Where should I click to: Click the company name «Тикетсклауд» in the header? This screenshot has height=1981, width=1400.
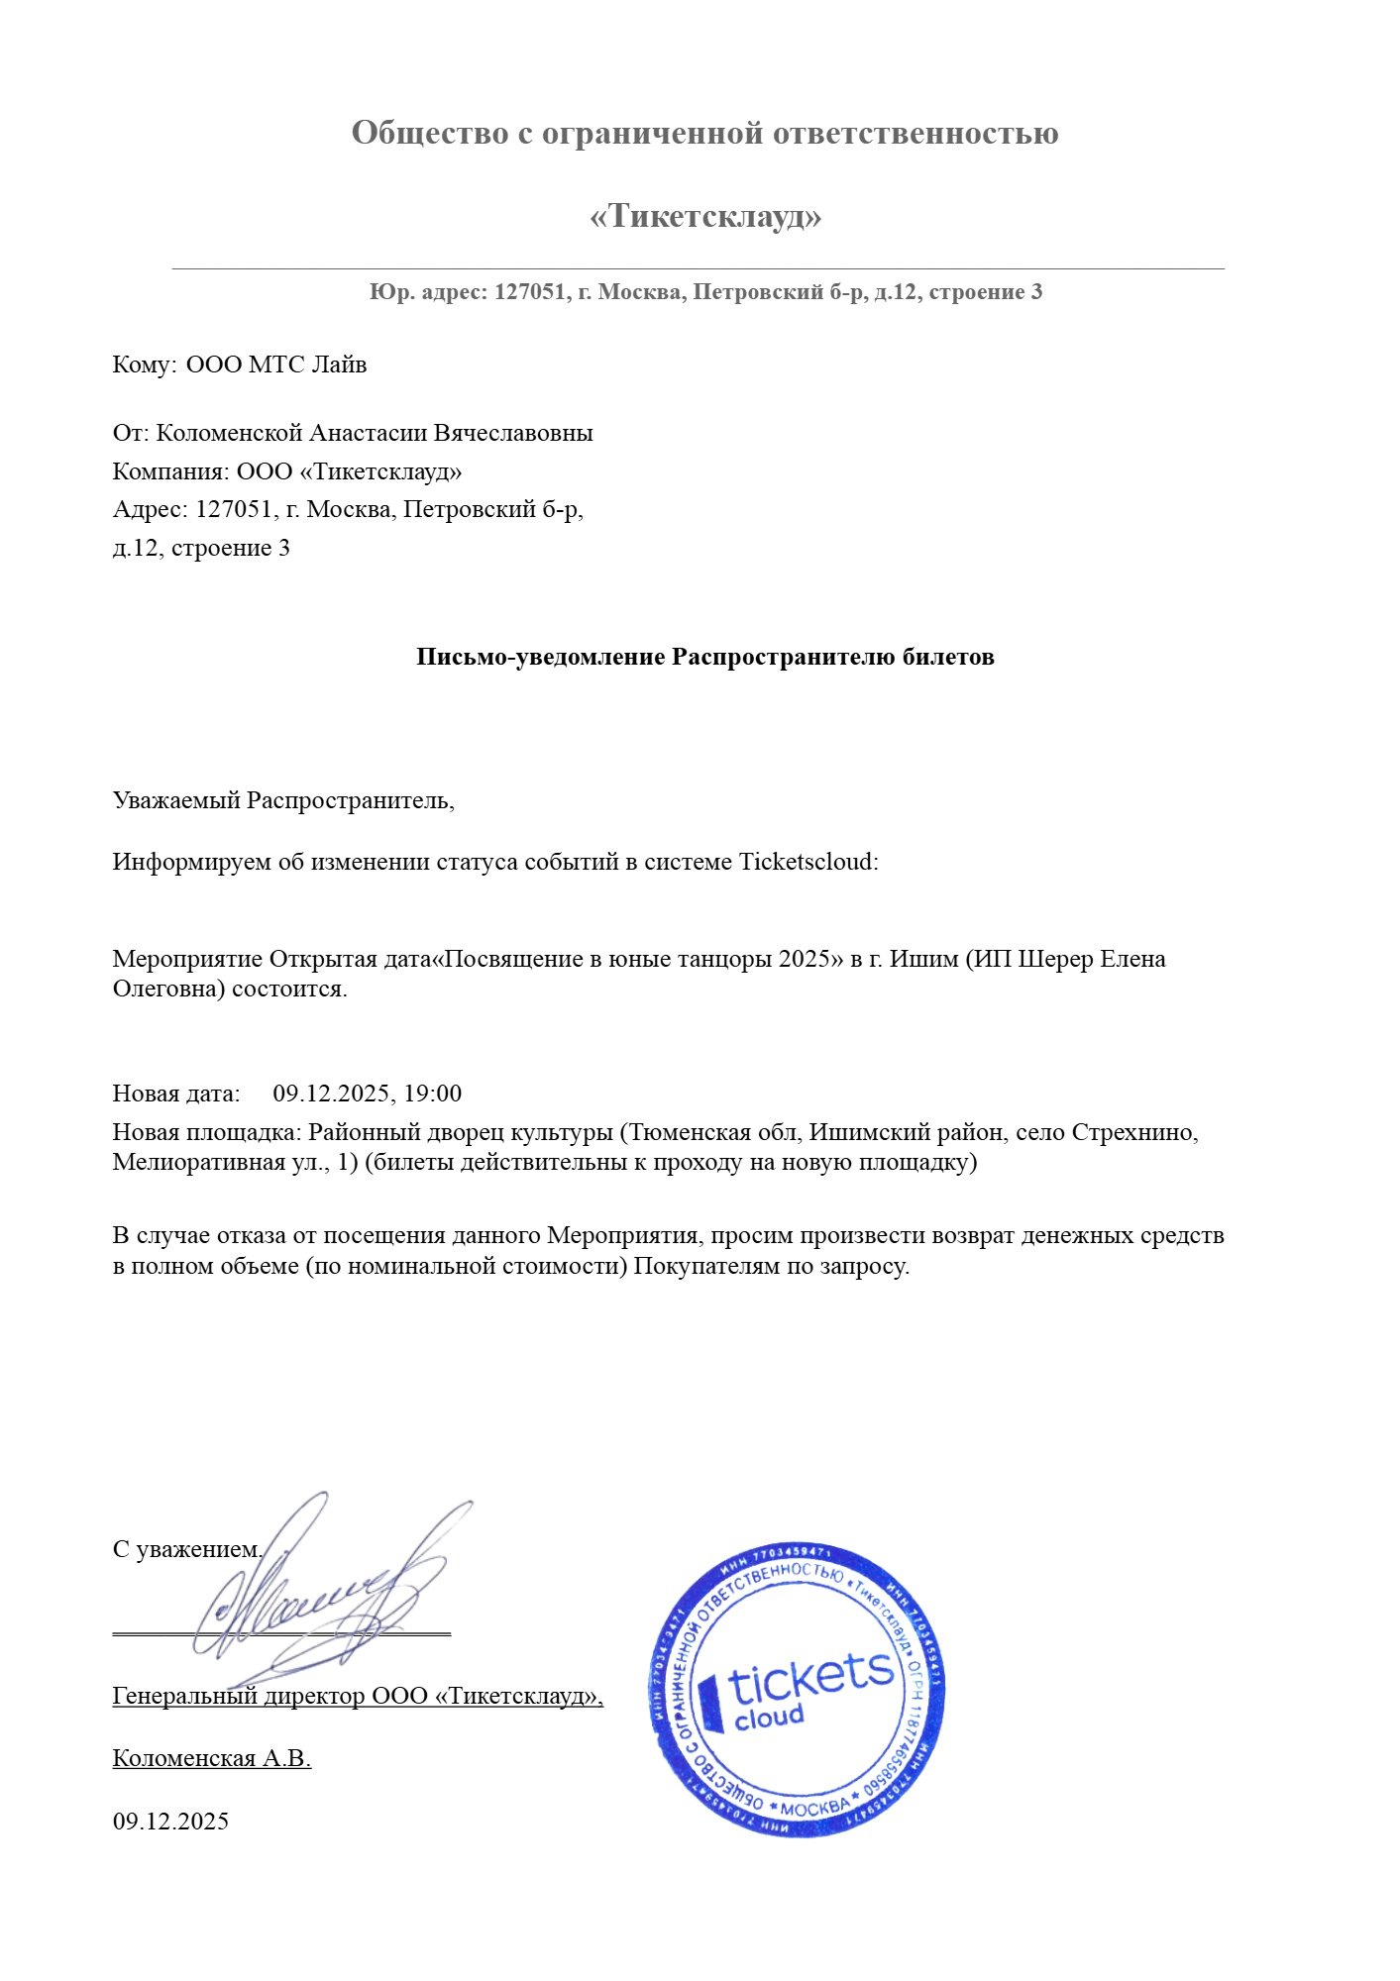tap(705, 216)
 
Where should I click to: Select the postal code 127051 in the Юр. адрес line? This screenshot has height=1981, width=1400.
tap(530, 292)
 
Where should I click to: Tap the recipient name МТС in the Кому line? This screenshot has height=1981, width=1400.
tap(276, 365)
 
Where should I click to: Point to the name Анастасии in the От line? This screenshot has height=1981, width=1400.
tap(368, 433)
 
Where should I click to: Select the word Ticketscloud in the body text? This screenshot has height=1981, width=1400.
tap(808, 862)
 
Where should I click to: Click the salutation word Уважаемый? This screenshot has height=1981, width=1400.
tap(177, 800)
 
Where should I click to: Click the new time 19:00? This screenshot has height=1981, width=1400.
tap(433, 1094)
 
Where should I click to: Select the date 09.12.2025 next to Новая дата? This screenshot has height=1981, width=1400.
tap(331, 1094)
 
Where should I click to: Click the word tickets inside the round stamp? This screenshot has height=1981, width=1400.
tap(810, 1681)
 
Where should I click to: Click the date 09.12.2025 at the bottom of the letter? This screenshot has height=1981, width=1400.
tap(170, 1821)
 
